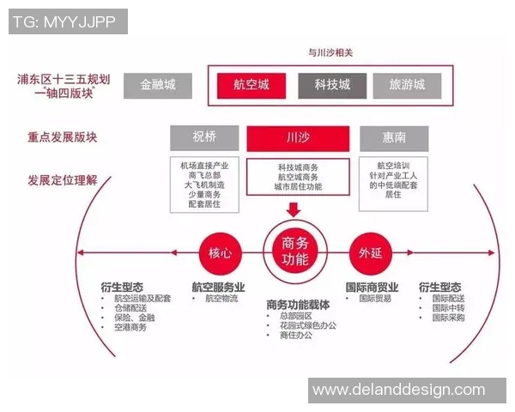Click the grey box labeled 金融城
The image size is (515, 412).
click(157, 85)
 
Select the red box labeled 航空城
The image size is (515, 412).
click(251, 85)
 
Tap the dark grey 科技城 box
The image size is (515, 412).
click(332, 85)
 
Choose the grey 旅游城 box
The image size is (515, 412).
click(407, 85)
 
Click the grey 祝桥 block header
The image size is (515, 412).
click(204, 137)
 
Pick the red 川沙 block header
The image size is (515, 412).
click(298, 137)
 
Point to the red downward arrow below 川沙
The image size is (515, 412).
click(294, 209)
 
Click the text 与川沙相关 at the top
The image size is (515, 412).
click(330, 52)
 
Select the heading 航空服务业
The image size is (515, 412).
click(218, 287)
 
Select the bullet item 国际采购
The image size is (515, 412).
click(448, 318)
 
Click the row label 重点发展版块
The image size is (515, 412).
click(61, 137)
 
